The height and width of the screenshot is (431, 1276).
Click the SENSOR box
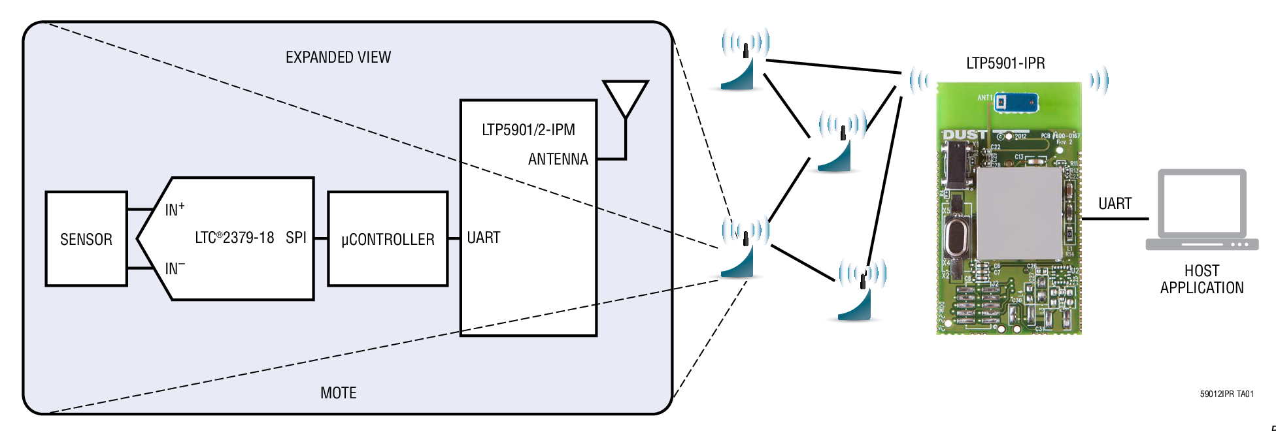tap(86, 239)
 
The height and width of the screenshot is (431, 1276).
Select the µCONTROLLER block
tap(388, 239)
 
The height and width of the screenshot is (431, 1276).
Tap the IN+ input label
tap(175, 210)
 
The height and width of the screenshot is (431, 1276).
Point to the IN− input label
tap(175, 268)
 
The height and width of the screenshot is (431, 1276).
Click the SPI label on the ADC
tap(295, 238)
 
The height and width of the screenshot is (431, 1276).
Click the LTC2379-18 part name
tap(234, 238)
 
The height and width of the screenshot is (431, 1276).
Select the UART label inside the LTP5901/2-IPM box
tap(484, 238)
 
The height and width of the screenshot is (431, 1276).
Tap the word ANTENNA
tap(558, 159)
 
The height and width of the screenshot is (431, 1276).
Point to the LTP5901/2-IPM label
tap(528, 130)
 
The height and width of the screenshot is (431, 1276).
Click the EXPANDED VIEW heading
tap(338, 57)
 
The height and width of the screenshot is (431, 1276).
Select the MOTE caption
tap(338, 392)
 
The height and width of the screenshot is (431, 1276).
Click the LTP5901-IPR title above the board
tap(1005, 63)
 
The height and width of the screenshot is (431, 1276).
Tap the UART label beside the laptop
tap(1115, 204)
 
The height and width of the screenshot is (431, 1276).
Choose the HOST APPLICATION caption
tap(1201, 279)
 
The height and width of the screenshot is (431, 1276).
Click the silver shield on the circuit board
tap(1018, 212)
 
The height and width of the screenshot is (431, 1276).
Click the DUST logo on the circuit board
tap(964, 135)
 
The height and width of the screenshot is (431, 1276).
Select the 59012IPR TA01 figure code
tap(1226, 394)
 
